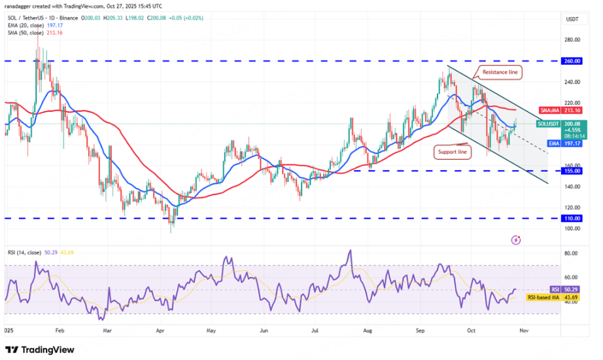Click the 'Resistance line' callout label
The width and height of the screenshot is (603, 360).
[x=501, y=71]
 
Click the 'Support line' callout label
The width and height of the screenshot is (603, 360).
[x=452, y=152]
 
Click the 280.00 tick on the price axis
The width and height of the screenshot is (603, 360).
[x=572, y=40]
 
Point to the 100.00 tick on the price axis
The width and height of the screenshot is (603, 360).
[x=572, y=228]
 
